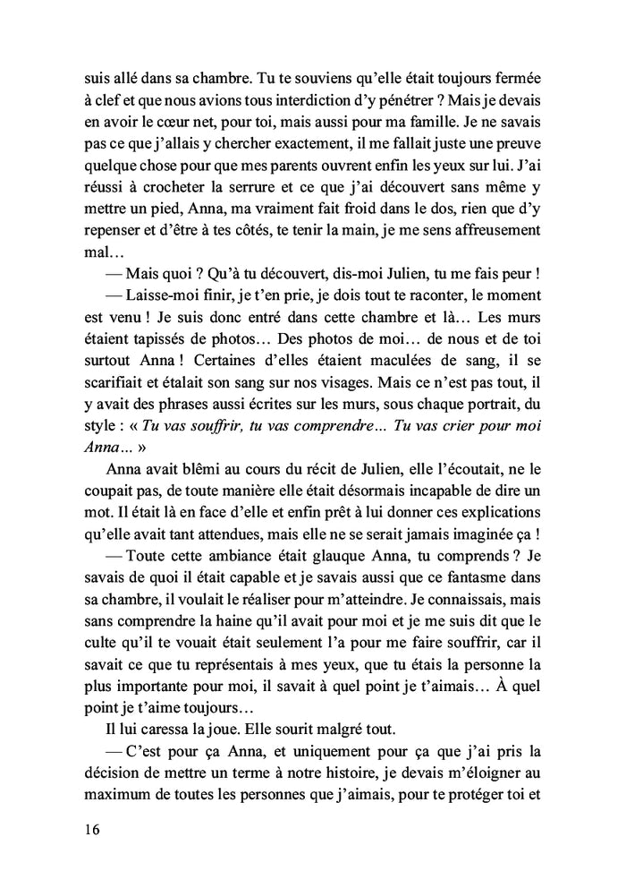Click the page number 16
point(86,829)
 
